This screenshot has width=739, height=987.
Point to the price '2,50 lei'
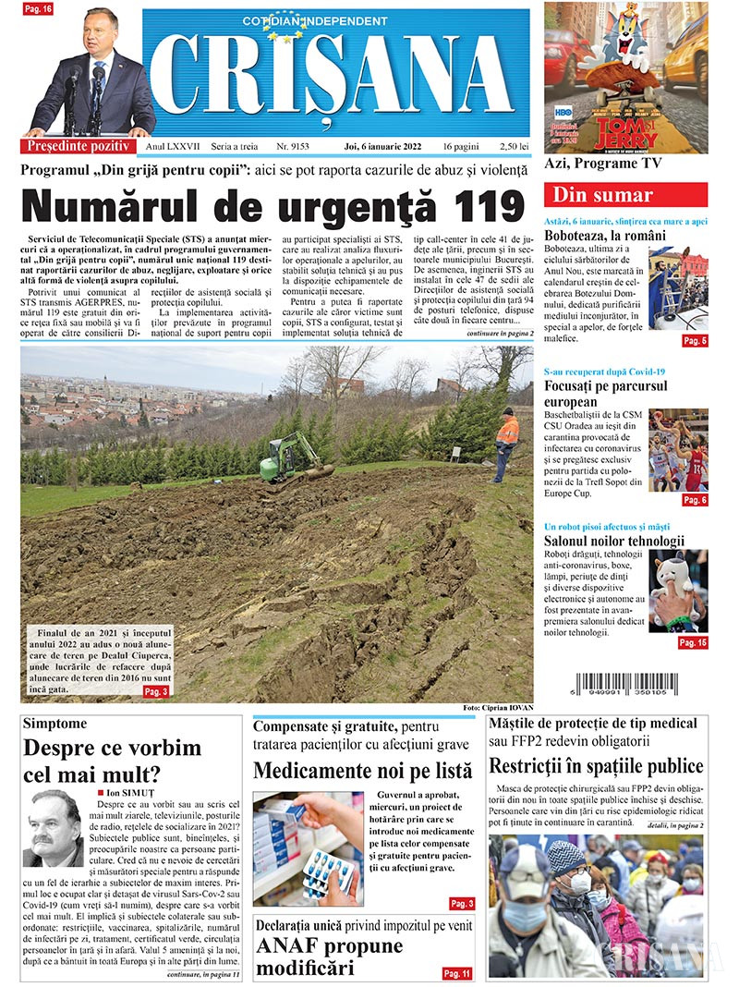512,146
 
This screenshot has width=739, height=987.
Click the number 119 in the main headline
480,205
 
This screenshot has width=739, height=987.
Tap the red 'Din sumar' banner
626,195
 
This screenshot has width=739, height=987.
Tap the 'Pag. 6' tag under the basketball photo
695,500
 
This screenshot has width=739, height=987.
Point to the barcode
625,685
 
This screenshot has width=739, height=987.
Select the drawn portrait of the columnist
53,827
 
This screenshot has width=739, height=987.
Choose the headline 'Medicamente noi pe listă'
362,770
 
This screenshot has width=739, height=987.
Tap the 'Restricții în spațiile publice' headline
596,766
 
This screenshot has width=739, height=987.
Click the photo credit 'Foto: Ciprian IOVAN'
498,708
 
